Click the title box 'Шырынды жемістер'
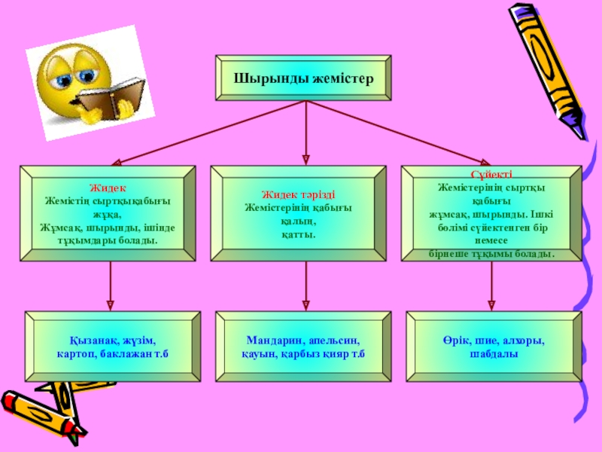click(x=303, y=78)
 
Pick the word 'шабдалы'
click(x=494, y=354)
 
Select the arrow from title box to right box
click(x=399, y=133)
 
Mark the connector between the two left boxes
click(x=111, y=286)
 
